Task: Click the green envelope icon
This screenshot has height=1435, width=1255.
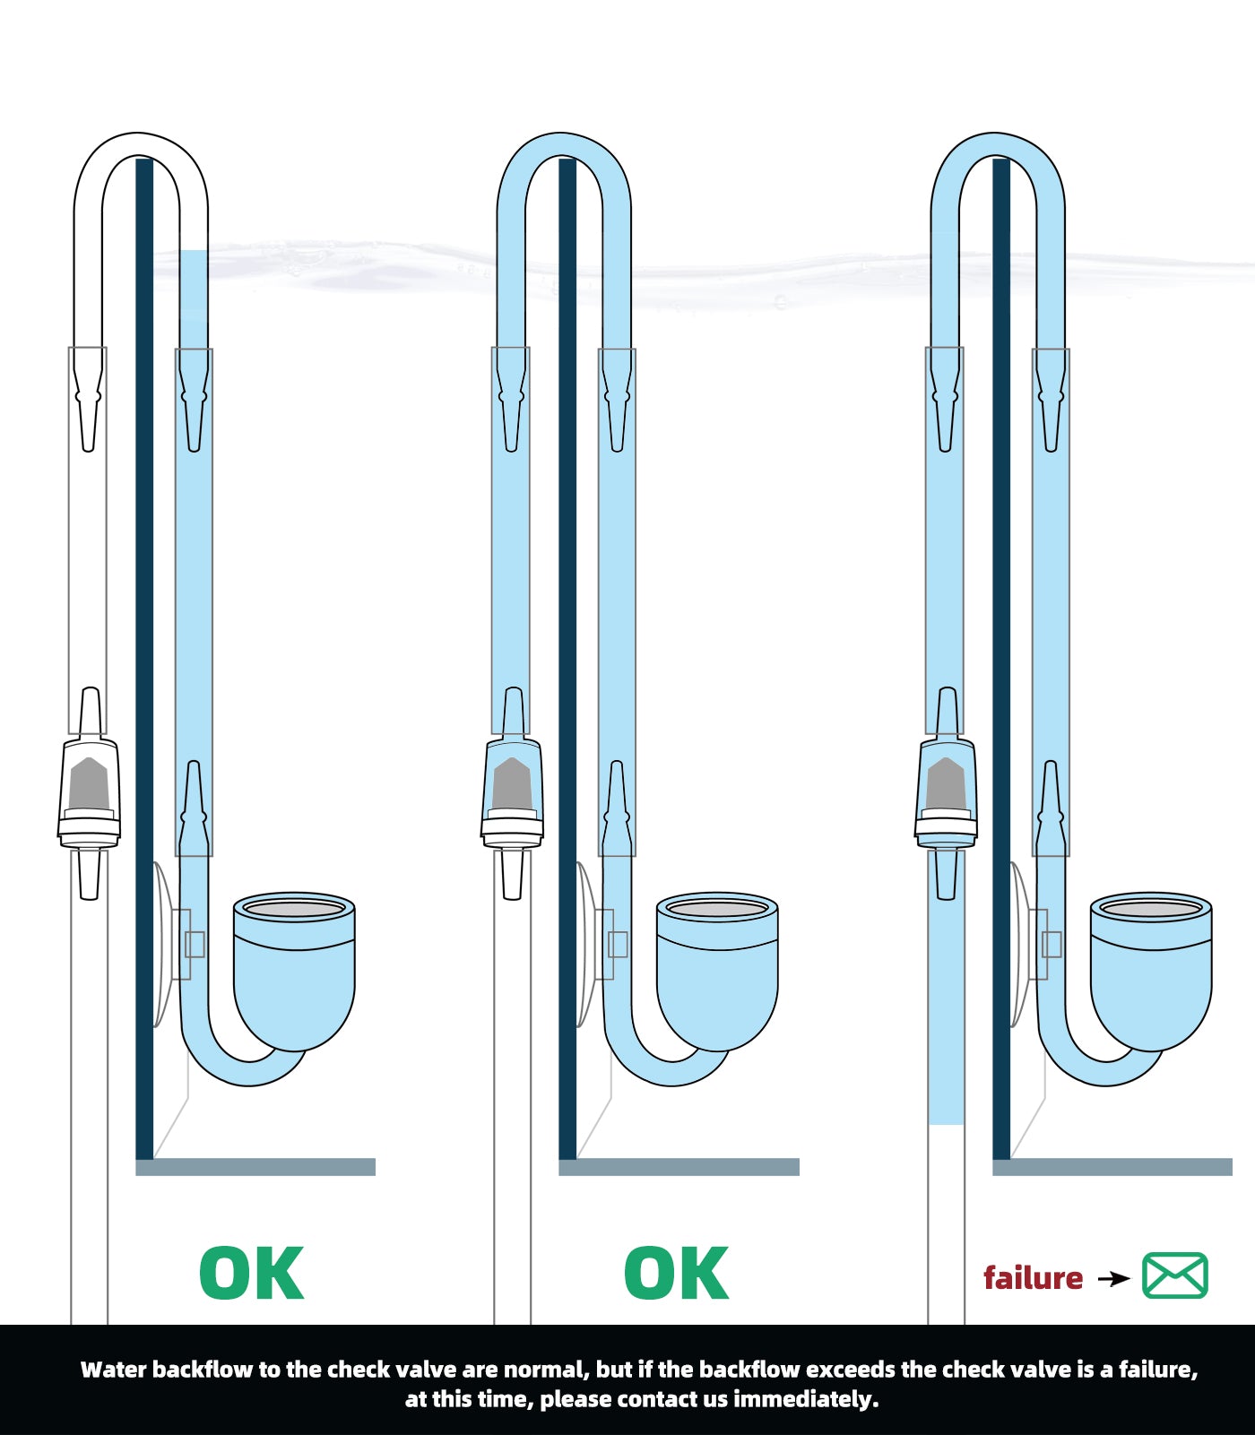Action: coord(1175,1275)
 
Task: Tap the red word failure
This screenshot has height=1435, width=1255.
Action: coord(1034,1277)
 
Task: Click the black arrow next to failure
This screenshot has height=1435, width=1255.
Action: coord(1114,1278)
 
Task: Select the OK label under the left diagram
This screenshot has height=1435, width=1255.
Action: coord(252,1273)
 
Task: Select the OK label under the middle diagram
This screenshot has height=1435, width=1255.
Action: coord(677,1273)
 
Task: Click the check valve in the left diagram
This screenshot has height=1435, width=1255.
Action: coord(89,793)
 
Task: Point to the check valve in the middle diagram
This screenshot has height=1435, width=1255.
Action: coord(512,793)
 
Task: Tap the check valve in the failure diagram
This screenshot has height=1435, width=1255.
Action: coord(946,793)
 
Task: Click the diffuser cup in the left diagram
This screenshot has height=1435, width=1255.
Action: coord(294,971)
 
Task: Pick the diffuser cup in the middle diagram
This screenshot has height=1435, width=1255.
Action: coord(717,971)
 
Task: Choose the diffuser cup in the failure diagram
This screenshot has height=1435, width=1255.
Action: coord(1151,971)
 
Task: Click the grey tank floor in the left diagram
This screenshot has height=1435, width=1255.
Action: coord(255,1167)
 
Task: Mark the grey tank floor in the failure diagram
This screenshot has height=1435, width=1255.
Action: coord(1112,1167)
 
